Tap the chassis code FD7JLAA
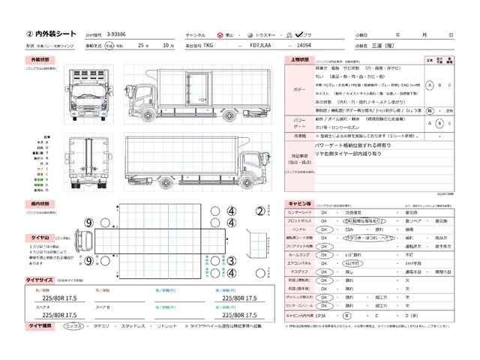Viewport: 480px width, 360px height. pos(262,46)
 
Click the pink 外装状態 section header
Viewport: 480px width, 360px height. pos(40,59)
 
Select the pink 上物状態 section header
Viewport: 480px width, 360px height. pos(298,59)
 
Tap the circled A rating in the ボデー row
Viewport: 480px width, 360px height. pos(429,84)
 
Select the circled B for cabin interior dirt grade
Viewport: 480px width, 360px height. pos(347,316)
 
